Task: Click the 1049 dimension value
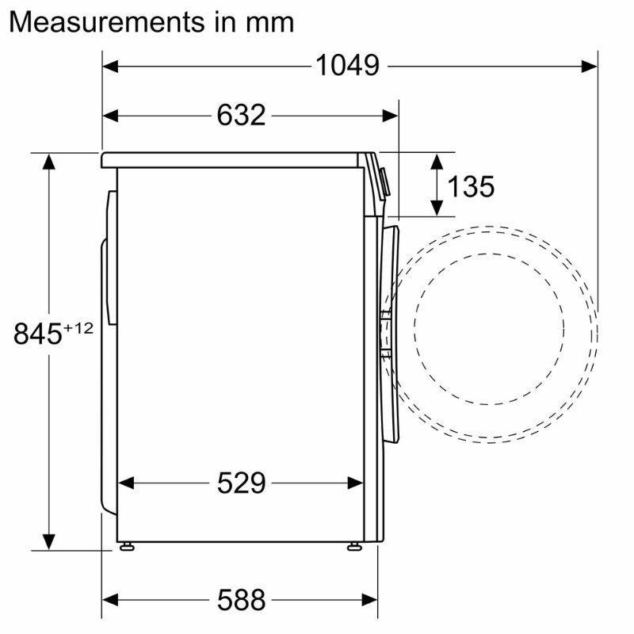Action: point(347,66)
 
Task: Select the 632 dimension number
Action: point(241,116)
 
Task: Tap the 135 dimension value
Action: point(471,187)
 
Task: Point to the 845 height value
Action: point(37,334)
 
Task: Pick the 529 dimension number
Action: point(241,483)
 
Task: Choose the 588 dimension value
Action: point(241,600)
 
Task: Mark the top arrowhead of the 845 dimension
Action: point(49,162)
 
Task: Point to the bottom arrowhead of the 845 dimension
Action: point(49,541)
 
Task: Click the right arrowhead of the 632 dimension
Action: point(390,116)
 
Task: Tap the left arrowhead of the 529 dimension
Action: point(125,483)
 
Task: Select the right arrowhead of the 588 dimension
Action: point(370,600)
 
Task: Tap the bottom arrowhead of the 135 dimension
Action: point(437,208)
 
